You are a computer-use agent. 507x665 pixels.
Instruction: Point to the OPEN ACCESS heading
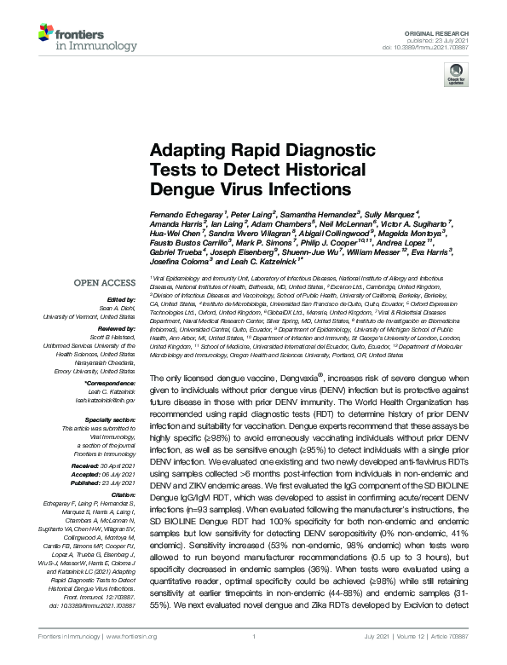click(107, 280)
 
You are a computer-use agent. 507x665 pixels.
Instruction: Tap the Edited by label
click(121, 299)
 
